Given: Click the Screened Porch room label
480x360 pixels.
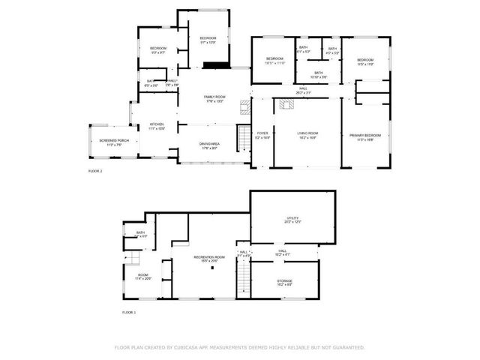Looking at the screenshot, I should (x=113, y=142).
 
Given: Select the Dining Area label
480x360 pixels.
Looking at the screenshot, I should (x=209, y=145).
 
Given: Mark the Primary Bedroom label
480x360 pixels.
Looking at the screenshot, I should (x=365, y=136).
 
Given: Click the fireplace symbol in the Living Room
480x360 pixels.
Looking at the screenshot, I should (x=286, y=105).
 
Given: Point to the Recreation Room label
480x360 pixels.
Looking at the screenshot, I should (x=209, y=259).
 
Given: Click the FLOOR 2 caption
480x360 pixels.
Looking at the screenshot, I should (x=95, y=172).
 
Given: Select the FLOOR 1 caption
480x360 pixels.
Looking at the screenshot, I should (x=129, y=311).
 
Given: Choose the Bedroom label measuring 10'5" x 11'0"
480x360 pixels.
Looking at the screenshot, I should (x=274, y=60).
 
